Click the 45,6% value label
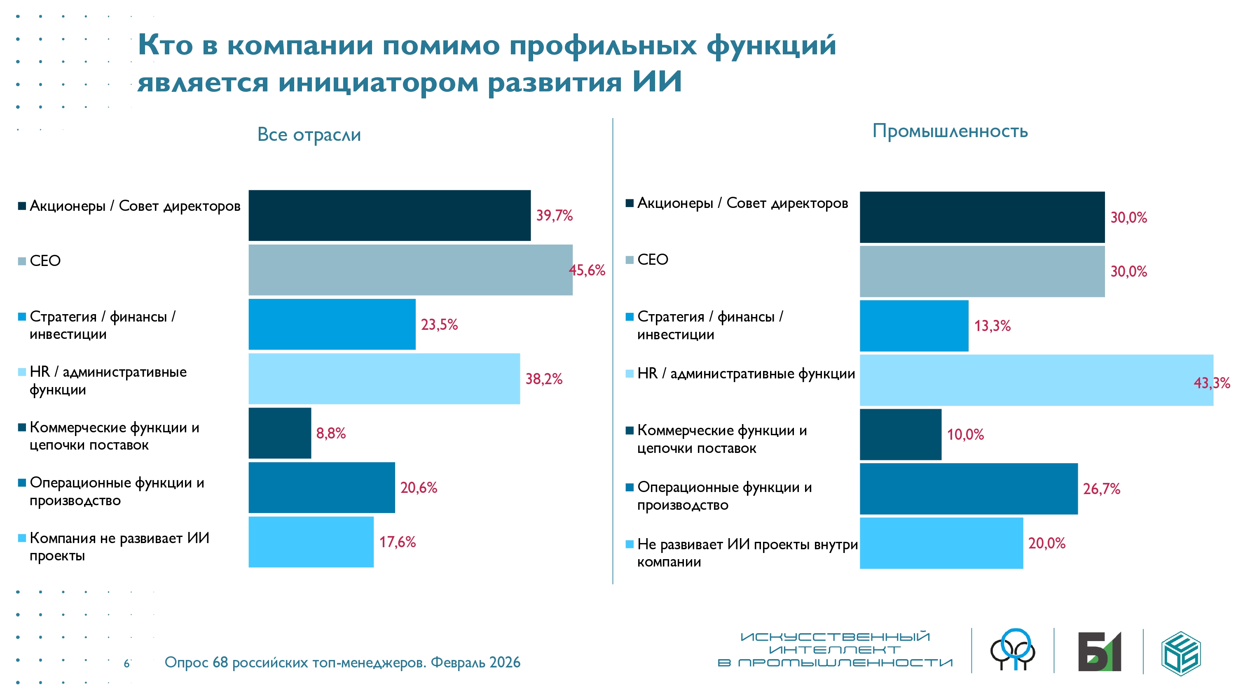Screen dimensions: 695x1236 coord(587,271)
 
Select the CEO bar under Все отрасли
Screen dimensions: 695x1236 coord(410,270)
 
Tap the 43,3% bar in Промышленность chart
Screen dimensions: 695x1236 coord(1037,380)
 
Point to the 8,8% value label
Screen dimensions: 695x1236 coord(330,434)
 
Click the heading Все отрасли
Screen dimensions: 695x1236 coord(309,135)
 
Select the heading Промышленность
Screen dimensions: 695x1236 coord(950,131)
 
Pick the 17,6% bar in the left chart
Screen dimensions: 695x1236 coord(311,542)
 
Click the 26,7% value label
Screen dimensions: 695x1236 coord(1101,489)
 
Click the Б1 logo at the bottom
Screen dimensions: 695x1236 coord(1099,651)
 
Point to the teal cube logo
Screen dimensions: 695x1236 coord(1181,653)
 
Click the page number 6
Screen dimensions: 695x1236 coord(126,663)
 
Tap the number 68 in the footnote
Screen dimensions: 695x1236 coord(220,662)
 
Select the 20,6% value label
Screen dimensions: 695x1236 coord(419,488)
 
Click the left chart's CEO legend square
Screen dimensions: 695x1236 coord(21,261)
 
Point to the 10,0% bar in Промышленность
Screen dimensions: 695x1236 coord(900,434)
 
